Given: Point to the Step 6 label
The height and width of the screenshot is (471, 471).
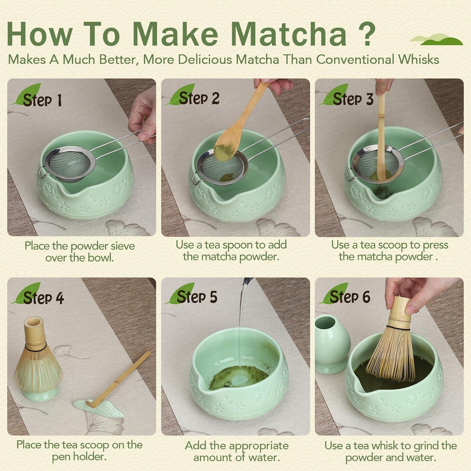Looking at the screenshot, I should [349, 297].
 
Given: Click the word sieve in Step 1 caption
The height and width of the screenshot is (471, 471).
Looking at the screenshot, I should [121, 246].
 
